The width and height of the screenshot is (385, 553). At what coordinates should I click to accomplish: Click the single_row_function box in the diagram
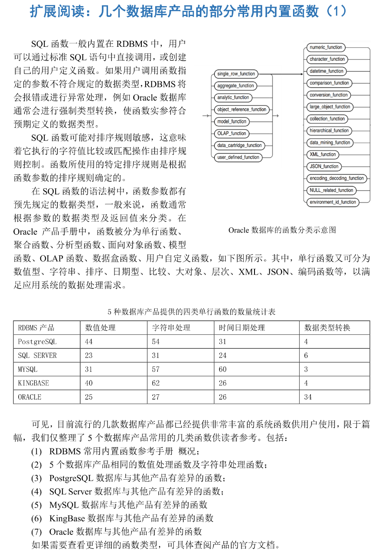click(236, 74)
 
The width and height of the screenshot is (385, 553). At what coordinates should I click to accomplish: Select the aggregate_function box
click(235, 86)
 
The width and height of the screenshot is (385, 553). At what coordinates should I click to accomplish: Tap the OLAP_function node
click(232, 134)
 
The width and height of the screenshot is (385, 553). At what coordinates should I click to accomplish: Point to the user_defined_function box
click(238, 157)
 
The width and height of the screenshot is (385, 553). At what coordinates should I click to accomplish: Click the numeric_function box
click(326, 47)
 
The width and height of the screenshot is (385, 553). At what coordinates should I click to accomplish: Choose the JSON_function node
click(324, 167)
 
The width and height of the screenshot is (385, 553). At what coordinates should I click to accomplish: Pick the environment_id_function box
click(333, 202)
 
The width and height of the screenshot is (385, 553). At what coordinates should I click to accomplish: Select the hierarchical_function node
click(329, 131)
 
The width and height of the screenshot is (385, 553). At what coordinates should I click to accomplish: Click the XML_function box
click(323, 154)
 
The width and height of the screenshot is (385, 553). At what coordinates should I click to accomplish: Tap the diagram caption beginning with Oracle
click(282, 230)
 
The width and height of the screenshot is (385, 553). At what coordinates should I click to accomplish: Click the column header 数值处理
click(100, 328)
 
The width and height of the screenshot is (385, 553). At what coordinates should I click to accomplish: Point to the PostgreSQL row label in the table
click(37, 342)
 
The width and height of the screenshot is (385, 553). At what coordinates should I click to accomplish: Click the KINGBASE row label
click(33, 383)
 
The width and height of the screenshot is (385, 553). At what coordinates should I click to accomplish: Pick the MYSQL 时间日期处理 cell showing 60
click(222, 370)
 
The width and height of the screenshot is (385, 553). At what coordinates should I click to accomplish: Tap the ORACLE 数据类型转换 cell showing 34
click(308, 397)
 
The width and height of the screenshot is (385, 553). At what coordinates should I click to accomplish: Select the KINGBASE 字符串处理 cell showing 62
click(156, 383)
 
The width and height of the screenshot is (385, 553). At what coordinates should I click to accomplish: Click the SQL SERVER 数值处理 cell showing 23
click(89, 356)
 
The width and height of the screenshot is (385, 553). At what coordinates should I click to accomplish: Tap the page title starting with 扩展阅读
click(188, 11)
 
